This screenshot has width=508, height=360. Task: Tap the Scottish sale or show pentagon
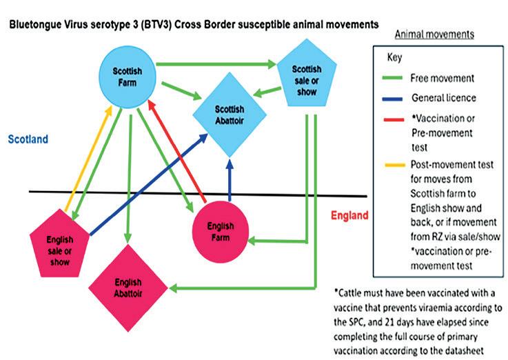click(305, 79)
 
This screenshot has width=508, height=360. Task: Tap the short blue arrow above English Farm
click(230, 181)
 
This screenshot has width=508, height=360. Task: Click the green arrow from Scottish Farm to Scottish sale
click(214, 65)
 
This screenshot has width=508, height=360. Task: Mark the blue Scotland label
click(28, 139)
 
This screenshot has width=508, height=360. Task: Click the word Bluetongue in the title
click(34, 24)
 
